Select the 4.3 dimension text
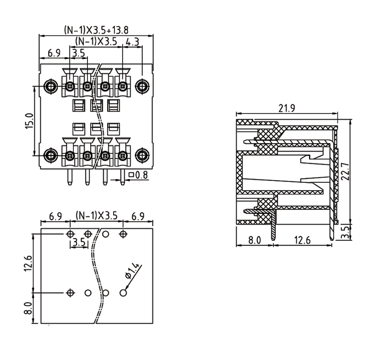point(132,42)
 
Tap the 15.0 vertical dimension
point(29,121)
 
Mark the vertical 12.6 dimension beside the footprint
point(29,263)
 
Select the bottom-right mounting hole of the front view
point(142,155)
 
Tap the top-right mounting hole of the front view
point(142,86)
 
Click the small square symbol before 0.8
point(131,175)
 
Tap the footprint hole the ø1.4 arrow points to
point(123,293)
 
